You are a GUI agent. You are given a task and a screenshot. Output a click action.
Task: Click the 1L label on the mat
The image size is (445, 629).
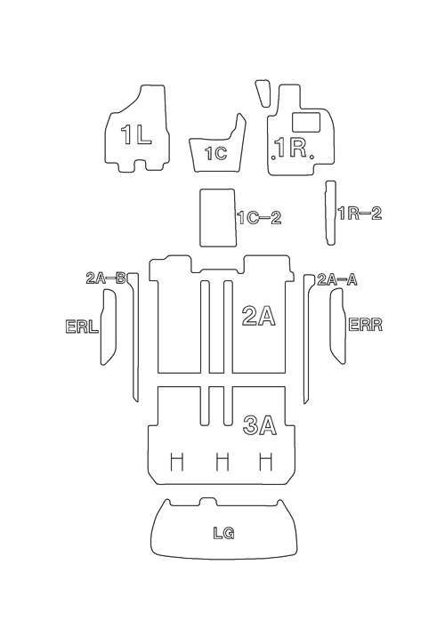136,134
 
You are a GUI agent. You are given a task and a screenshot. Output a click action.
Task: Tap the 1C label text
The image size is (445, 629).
216,153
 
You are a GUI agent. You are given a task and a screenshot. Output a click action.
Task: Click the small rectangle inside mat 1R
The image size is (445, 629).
306,122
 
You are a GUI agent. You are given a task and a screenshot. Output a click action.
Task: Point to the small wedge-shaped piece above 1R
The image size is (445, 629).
263,93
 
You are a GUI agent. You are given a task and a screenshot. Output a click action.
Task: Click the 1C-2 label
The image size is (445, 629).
259,217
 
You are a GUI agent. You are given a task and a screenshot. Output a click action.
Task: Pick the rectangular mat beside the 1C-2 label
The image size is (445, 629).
217,217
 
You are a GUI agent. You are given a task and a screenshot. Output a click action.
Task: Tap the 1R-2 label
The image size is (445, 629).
360,214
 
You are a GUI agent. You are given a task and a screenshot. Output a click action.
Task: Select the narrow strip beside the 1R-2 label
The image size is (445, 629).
330,213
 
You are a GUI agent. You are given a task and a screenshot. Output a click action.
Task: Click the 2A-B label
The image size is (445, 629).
106,278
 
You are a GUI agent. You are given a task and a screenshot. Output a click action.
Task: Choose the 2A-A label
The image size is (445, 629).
337,279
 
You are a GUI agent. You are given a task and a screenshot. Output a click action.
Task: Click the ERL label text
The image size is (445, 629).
82,327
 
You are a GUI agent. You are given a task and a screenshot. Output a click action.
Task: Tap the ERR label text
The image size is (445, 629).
365,325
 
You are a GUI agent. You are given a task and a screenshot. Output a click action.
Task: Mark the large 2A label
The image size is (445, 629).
259,316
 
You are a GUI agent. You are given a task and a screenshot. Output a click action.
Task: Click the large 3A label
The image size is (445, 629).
260,425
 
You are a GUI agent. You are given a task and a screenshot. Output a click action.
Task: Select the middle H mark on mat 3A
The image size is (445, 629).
222,462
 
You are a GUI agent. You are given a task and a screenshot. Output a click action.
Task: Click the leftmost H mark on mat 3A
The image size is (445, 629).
177,462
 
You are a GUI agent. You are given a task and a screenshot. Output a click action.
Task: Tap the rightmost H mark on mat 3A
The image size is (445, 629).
266,462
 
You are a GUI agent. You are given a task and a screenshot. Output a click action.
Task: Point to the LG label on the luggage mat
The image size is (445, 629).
223,533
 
